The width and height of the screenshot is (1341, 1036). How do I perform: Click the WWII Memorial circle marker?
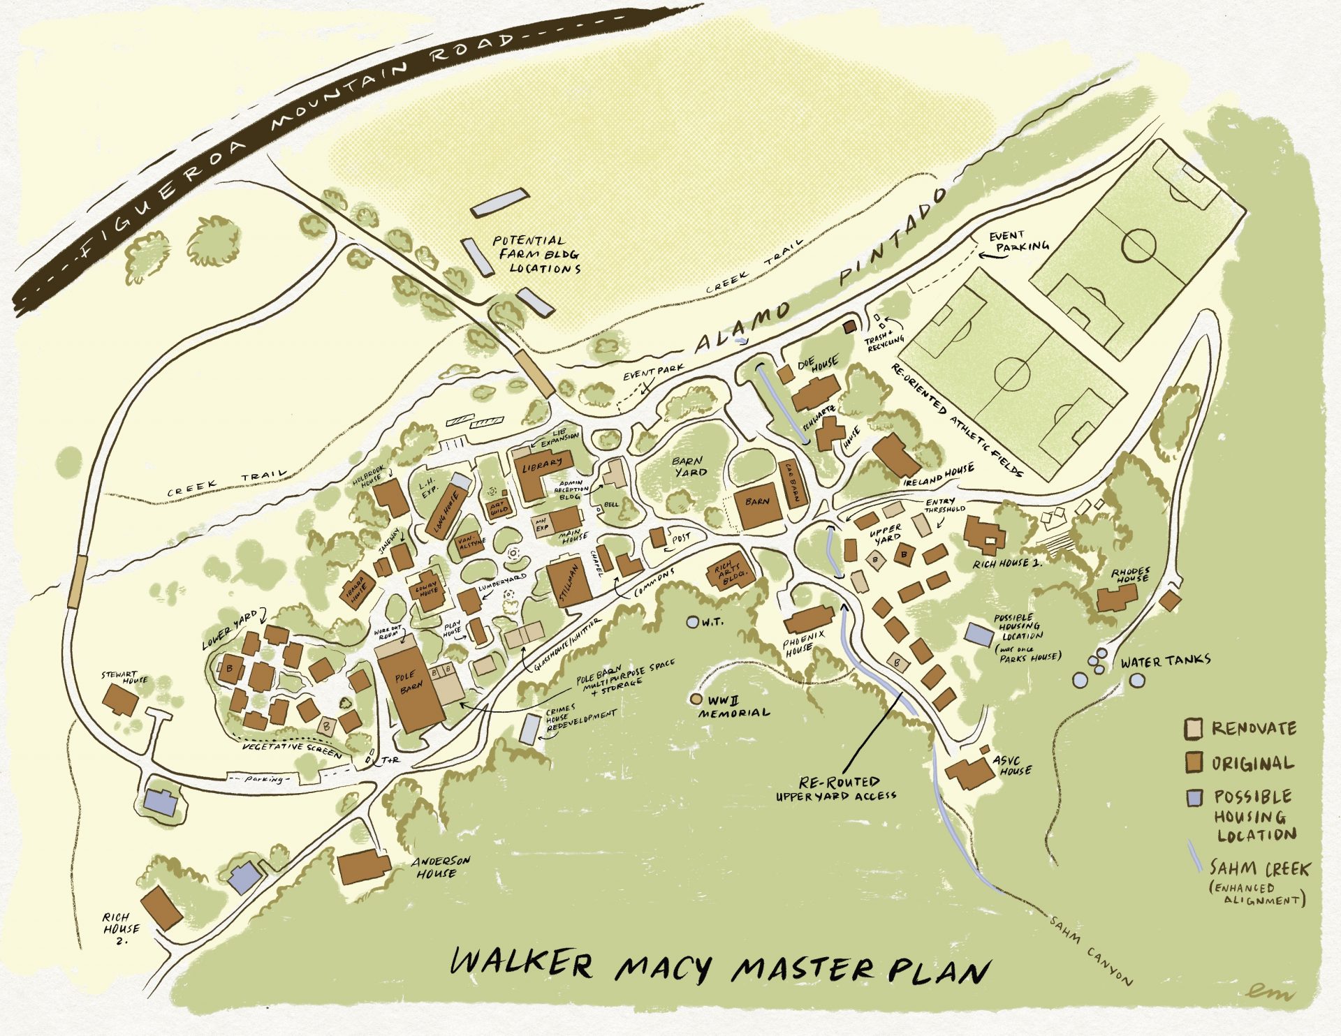tap(696, 698)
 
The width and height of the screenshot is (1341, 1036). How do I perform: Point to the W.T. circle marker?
tap(692, 621)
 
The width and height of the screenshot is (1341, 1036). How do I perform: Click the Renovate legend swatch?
tap(1193, 729)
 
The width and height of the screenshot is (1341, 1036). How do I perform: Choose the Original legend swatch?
tap(1193, 762)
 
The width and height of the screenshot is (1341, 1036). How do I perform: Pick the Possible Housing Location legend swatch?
tap(1194, 797)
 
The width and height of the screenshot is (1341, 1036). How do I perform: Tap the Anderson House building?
tap(363, 866)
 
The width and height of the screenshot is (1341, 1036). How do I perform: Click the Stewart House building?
tap(121, 700)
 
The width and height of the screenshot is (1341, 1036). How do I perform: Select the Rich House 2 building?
tap(161, 908)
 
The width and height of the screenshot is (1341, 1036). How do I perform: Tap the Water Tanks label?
tap(1165, 660)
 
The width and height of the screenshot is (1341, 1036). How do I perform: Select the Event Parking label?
tap(1018, 241)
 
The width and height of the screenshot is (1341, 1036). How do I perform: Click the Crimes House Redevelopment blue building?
tap(531, 728)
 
